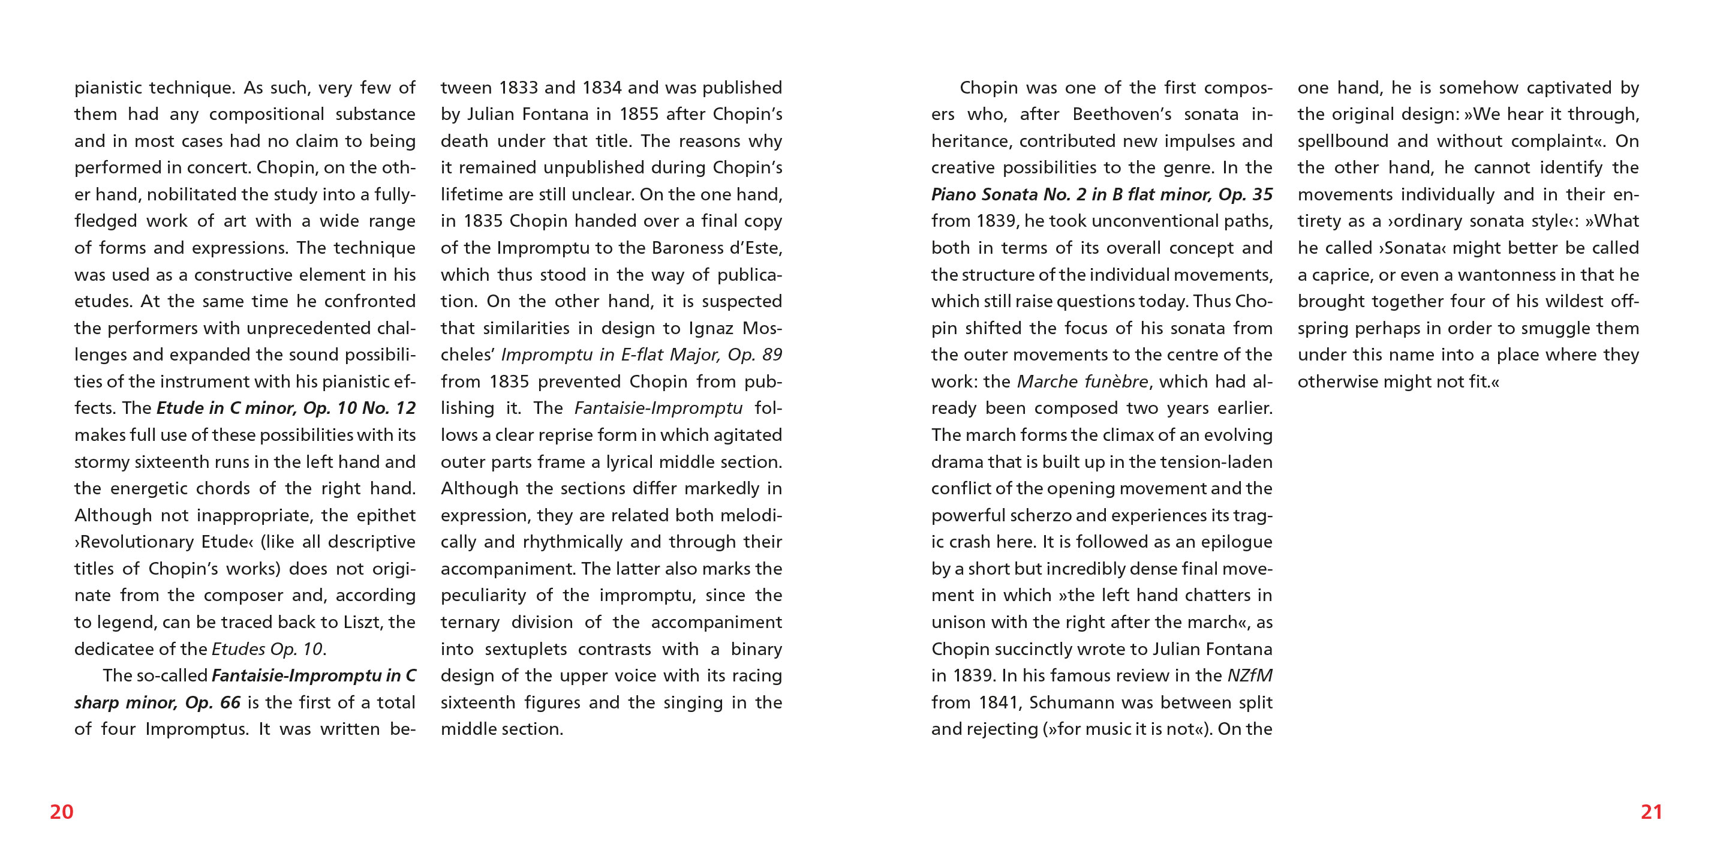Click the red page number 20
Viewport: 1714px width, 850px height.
point(61,812)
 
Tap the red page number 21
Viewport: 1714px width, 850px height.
point(1652,812)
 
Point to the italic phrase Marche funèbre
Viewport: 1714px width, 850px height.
point(1082,382)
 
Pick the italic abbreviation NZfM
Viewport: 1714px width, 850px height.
point(1250,675)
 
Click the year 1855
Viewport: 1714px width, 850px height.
point(639,115)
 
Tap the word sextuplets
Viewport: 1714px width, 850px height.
point(525,649)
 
